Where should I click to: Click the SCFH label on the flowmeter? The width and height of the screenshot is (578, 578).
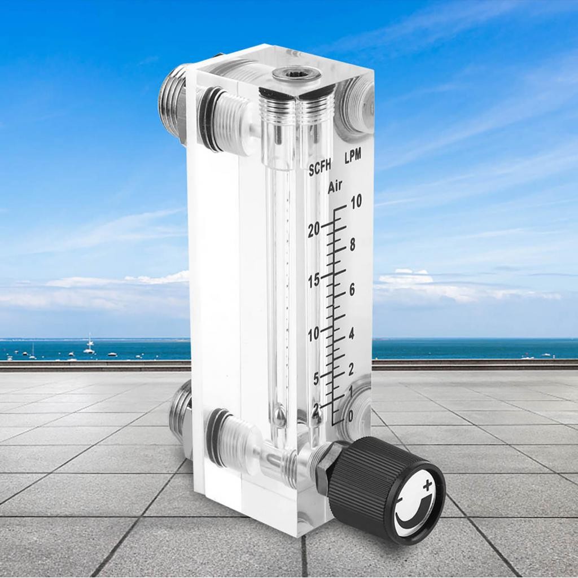[x=319, y=169]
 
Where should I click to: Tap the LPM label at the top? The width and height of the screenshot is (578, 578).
[x=352, y=156]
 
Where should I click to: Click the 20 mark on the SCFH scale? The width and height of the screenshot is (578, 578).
[x=314, y=229]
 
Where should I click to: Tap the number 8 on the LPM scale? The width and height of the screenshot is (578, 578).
[x=352, y=244]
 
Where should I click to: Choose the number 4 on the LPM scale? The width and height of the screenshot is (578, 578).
[x=351, y=333]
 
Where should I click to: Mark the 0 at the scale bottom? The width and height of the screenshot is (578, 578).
[x=351, y=417]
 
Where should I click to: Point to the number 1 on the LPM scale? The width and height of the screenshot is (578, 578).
[x=351, y=390]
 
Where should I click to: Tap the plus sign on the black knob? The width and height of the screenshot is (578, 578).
[x=427, y=484]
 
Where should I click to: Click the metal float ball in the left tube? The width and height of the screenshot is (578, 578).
[x=279, y=417]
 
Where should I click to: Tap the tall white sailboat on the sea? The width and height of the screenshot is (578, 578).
[x=89, y=345]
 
